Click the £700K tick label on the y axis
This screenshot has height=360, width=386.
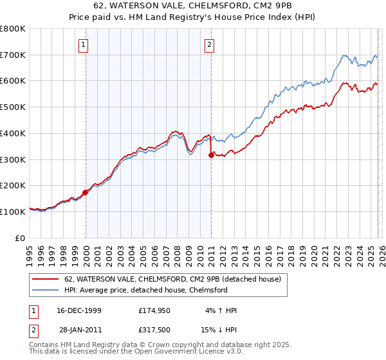[x=13, y=55]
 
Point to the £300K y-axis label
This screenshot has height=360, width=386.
[x=13, y=159]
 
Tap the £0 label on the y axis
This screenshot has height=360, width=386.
[x=21, y=238]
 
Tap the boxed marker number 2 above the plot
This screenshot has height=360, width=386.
[x=210, y=44]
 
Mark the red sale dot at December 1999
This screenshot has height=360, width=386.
[x=86, y=192]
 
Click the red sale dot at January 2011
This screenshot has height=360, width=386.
[x=211, y=154]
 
